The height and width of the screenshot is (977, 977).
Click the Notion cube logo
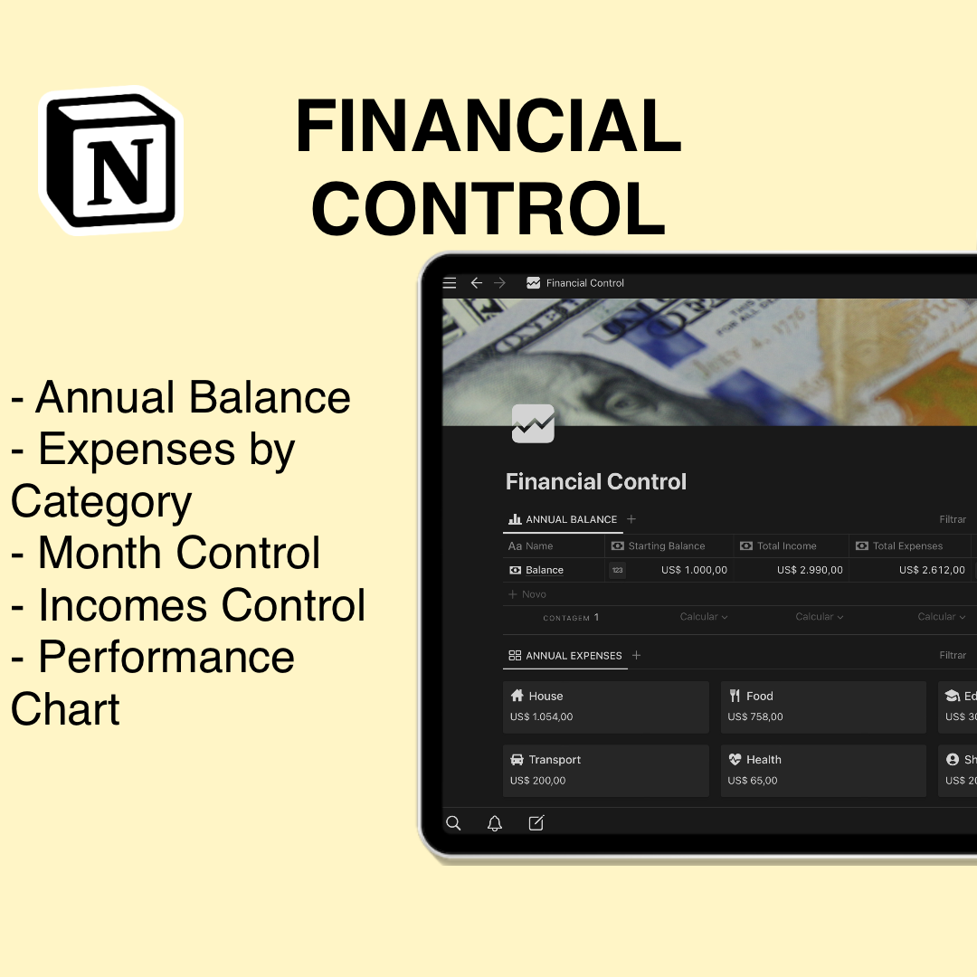(110, 159)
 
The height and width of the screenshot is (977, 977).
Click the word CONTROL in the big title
(488, 209)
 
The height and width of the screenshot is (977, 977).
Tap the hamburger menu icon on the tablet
(450, 283)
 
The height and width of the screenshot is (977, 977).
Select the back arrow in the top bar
(477, 283)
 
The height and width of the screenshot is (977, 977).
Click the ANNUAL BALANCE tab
(563, 519)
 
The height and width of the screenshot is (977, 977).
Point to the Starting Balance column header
(667, 545)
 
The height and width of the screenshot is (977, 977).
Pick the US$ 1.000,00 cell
(694, 570)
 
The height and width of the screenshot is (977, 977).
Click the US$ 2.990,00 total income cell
(810, 570)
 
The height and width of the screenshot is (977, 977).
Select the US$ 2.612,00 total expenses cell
(932, 570)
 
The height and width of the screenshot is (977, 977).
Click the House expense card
(605, 707)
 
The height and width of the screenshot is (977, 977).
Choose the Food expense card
(823, 707)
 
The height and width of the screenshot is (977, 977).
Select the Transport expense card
(605, 770)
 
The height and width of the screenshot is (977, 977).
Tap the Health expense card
(823, 770)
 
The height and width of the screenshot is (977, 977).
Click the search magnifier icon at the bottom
(454, 823)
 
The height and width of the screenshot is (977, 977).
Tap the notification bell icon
(495, 823)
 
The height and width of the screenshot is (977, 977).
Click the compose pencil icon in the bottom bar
(536, 823)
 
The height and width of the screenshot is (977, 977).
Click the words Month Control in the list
(179, 553)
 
